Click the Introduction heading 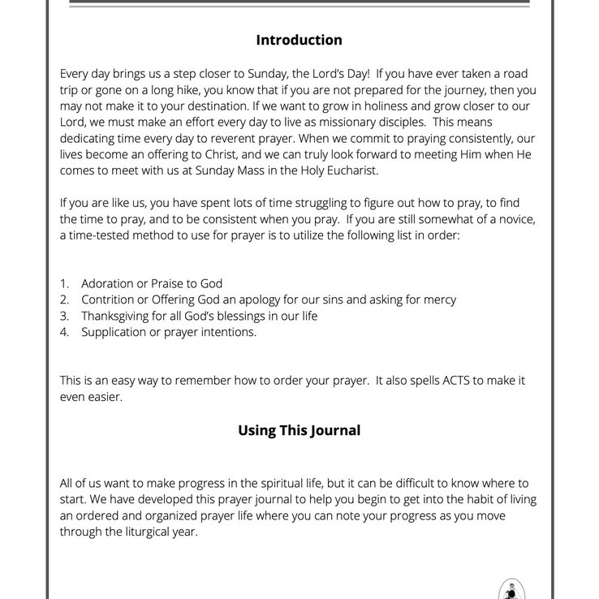tap(299, 40)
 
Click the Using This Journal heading tap(299, 430)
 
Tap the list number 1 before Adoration tap(64, 284)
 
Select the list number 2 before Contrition tap(64, 299)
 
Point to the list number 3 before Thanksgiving tap(64, 316)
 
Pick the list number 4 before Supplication tap(64, 332)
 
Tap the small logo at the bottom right tap(509, 589)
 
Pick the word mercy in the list tap(439, 299)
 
